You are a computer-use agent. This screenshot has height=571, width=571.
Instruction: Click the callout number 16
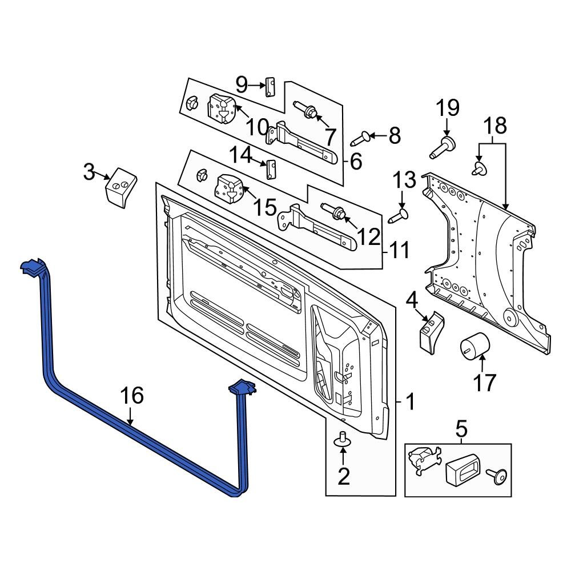pyautogui.click(x=131, y=396)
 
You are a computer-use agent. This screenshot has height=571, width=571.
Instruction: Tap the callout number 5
pyautogui.click(x=461, y=427)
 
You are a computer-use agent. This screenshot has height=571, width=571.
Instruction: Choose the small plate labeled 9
pyautogui.click(x=270, y=88)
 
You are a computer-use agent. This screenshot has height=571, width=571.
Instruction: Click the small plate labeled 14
pyautogui.click(x=271, y=169)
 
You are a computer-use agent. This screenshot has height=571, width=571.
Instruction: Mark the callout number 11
pyautogui.click(x=399, y=250)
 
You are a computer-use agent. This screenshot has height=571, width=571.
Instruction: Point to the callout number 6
pyautogui.click(x=356, y=162)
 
